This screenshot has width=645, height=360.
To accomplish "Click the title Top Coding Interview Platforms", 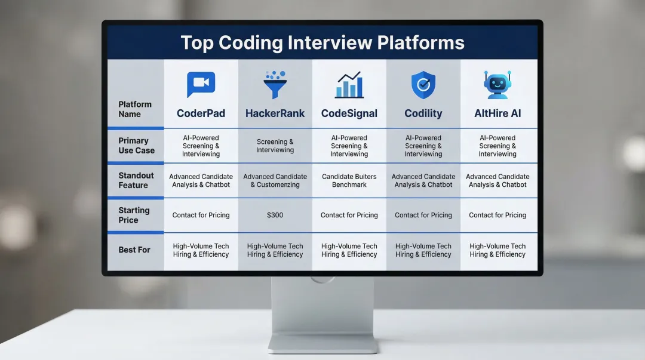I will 322,43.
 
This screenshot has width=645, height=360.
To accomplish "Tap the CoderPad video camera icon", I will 201,84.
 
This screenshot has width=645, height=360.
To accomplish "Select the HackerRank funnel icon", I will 275,84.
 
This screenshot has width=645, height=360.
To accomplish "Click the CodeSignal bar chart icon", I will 349,85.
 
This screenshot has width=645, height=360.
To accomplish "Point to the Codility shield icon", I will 423,85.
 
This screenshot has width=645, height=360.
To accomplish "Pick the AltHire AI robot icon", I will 497,85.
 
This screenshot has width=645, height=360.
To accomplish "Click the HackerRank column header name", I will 275,113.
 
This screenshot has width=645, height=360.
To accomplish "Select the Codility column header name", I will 423,113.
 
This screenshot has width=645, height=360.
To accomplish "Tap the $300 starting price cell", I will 275,215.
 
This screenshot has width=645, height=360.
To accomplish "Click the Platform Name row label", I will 135,109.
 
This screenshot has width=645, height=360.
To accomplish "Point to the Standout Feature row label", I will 136,180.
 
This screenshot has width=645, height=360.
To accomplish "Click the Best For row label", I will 134,250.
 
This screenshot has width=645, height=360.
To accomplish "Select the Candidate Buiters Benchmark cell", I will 349,180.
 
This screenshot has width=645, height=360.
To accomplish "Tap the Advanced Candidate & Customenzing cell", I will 275,180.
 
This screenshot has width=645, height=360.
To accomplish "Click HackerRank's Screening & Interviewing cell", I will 275,146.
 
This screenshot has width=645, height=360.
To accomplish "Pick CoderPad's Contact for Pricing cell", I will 201,215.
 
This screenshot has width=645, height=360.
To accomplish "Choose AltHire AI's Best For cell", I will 497,250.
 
